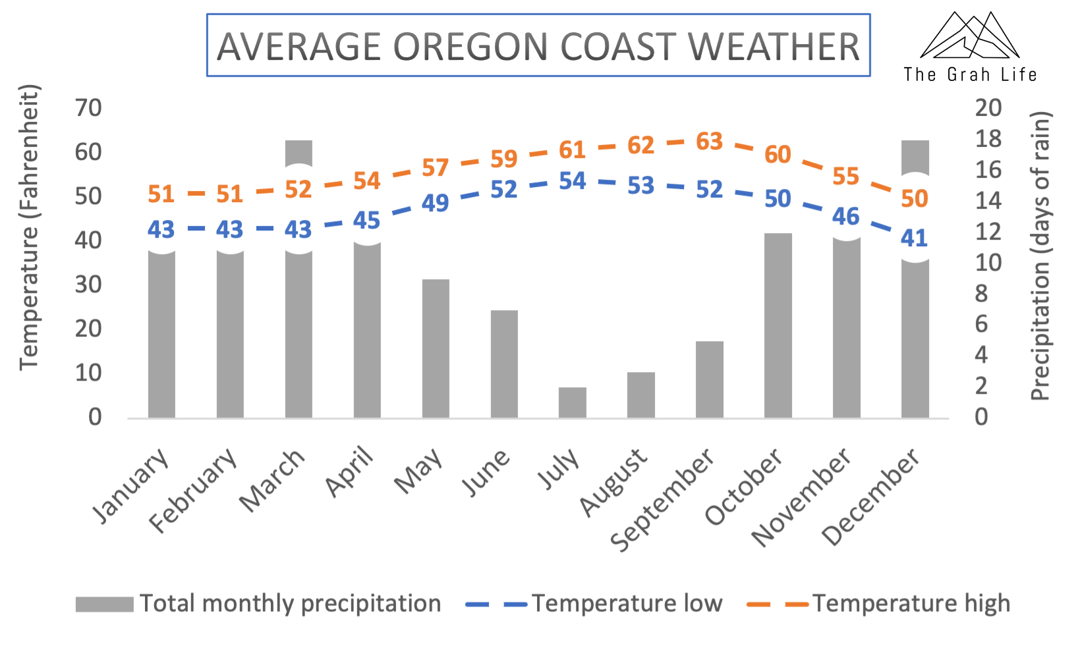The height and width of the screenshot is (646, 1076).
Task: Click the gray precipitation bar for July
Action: point(572,402)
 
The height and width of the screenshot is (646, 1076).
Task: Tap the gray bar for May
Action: point(436,348)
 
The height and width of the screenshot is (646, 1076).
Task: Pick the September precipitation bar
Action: point(709,379)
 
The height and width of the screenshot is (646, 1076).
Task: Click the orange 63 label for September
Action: point(709,142)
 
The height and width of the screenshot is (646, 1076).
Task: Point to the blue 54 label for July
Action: point(572,181)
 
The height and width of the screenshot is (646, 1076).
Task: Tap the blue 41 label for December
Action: point(914,238)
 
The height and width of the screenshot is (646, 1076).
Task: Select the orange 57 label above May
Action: point(435,168)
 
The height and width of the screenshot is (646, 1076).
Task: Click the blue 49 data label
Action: point(435,203)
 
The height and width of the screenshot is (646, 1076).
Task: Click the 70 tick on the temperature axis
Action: point(88,108)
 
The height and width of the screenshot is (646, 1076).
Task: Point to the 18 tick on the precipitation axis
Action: point(988,139)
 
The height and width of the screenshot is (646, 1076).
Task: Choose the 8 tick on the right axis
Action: point(981,293)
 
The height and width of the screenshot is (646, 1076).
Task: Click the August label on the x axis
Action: point(613,483)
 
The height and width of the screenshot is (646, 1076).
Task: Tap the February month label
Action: point(193,490)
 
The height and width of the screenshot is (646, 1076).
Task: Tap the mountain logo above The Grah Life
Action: point(969,36)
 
